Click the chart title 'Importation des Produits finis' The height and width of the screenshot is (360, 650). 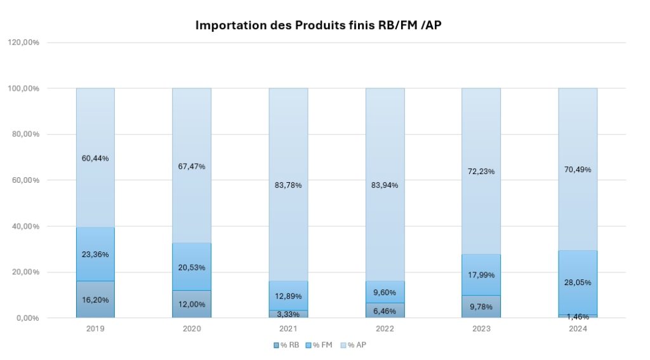(x=324, y=25)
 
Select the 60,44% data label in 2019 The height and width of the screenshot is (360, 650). (x=95, y=158)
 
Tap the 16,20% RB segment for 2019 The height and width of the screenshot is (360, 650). (x=95, y=299)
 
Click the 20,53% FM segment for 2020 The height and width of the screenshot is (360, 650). (x=192, y=267)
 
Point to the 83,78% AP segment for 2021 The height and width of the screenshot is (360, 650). (x=288, y=185)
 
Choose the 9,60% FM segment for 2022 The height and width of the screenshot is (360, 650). (x=385, y=292)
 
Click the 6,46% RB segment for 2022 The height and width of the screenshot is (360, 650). (x=385, y=310)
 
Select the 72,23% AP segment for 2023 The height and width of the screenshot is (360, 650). (x=481, y=171)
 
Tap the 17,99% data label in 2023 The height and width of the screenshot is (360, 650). (x=481, y=275)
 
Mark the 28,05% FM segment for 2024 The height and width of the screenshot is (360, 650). (x=578, y=283)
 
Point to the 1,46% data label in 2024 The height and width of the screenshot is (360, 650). (x=578, y=316)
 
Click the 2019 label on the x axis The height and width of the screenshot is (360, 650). (x=95, y=329)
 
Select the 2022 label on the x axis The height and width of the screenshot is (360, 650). (x=385, y=329)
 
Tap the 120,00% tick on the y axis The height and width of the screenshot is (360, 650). (x=24, y=43)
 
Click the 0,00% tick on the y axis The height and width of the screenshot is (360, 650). (x=28, y=318)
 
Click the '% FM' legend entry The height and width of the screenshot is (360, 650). (x=322, y=345)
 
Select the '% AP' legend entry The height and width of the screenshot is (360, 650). (x=355, y=345)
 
